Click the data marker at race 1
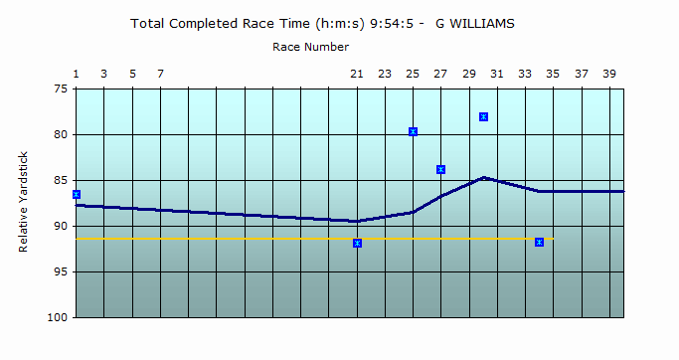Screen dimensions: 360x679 pos(77,194)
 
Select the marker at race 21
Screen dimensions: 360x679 pos(357,243)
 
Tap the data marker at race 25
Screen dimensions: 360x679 pos(413,131)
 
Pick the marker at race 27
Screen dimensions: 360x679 pos(440,169)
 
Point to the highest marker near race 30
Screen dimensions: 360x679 pos(483,116)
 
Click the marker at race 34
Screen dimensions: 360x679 pos(539,242)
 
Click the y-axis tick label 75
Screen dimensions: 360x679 pos(60,89)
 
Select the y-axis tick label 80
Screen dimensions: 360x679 pos(60,134)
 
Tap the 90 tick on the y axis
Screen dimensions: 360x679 pos(60,226)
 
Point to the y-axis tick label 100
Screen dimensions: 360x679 pos(57,317)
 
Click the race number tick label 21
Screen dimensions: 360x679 pos(357,74)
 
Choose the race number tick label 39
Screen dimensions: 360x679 pos(609,74)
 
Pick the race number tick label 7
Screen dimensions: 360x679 pos(160,74)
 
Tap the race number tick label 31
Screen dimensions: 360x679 pos(497,74)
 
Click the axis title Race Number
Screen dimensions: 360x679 pos(310,46)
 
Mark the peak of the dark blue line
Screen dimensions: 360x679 pos(483,178)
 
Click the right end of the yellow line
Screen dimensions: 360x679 pos(553,239)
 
